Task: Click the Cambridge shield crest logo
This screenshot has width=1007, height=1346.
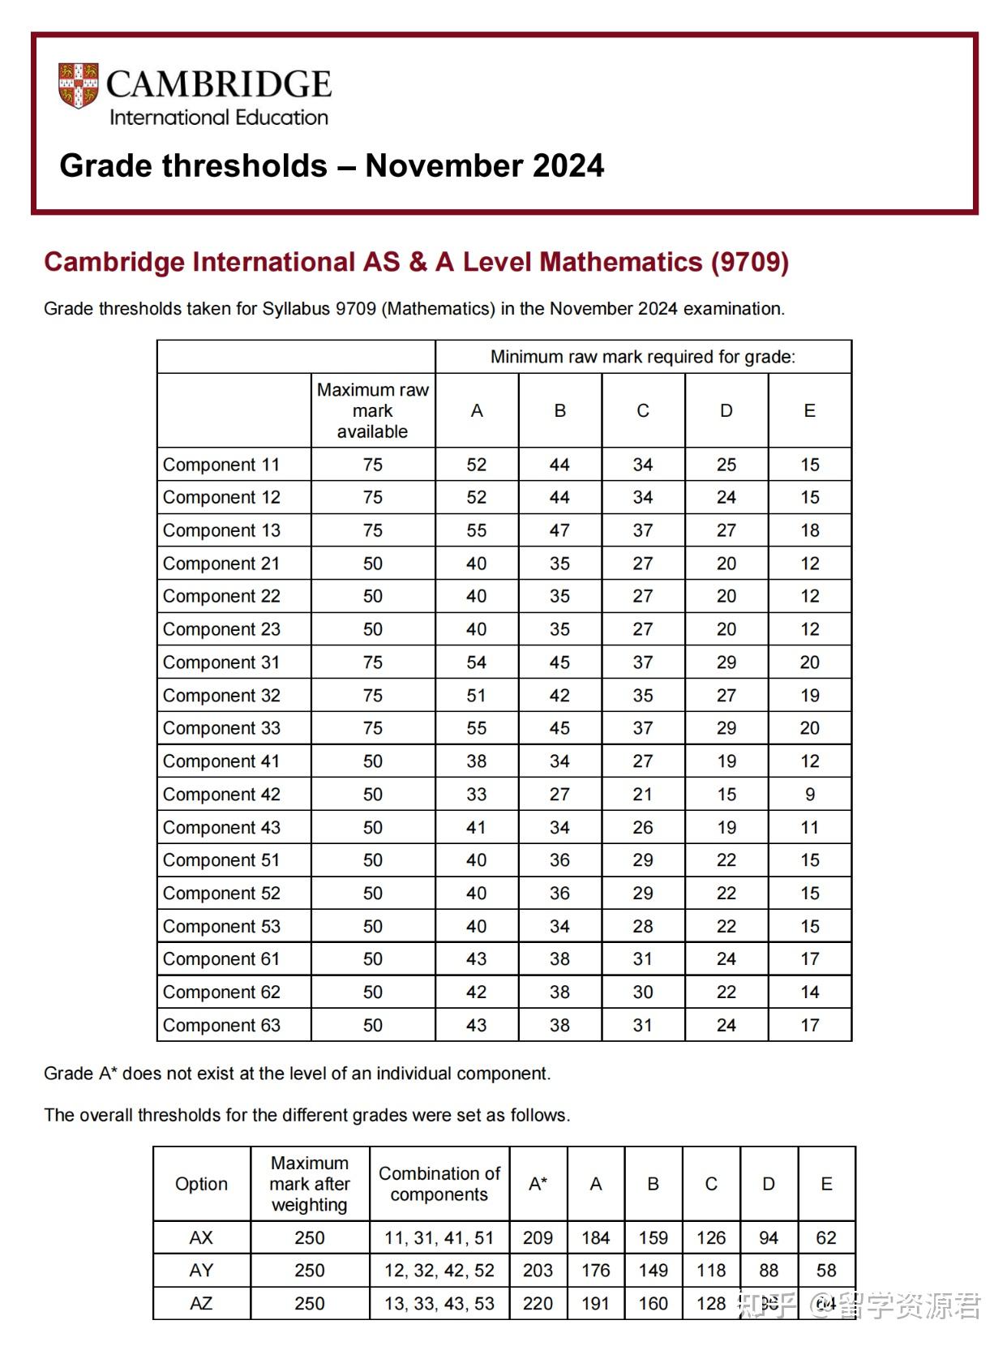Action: (78, 85)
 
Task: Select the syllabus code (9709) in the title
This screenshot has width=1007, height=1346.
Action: (749, 262)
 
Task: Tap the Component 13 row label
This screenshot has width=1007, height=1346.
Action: (221, 530)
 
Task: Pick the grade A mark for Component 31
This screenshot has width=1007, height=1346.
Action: (476, 662)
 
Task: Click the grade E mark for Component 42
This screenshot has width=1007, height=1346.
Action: (809, 795)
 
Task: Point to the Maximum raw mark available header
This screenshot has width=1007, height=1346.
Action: (372, 410)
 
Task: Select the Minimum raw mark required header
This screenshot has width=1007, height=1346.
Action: (642, 357)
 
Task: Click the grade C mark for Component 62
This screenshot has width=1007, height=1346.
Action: (642, 992)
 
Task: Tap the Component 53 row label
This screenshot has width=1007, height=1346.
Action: (221, 926)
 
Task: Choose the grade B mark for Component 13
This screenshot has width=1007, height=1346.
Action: (559, 530)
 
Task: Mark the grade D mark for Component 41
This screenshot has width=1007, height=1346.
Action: (726, 761)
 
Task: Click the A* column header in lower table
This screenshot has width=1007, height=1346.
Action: (538, 1184)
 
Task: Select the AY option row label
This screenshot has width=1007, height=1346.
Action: (201, 1271)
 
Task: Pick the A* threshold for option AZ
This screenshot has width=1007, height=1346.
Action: (538, 1304)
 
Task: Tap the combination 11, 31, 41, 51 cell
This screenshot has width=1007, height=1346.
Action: (439, 1238)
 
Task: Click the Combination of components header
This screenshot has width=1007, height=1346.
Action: (439, 1184)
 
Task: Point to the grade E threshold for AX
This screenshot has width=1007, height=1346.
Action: (825, 1238)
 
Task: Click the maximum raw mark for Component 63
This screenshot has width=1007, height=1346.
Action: (372, 1025)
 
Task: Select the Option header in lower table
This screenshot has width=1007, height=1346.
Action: (201, 1184)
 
